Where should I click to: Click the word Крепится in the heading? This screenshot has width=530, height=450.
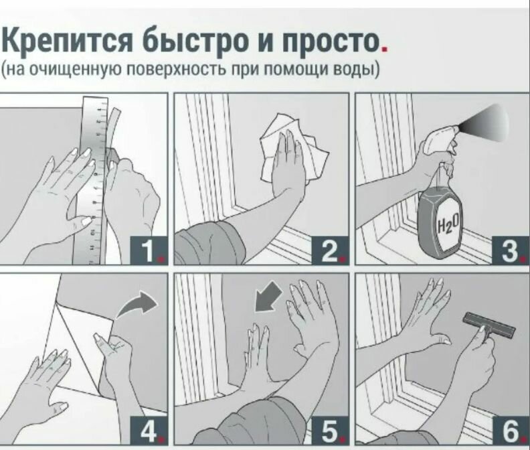(x=68, y=41)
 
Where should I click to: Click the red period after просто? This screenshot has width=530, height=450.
(x=384, y=50)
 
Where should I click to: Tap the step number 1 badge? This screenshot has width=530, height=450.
(x=149, y=250)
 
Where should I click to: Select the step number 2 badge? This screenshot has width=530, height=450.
(x=329, y=250)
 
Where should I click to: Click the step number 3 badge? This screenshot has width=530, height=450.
(x=511, y=250)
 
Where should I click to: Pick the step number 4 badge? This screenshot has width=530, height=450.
(x=149, y=431)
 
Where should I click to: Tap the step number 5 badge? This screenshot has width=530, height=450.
(x=329, y=431)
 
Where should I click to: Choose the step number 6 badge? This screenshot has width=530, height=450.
(x=511, y=431)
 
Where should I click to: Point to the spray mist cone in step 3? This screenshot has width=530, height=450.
(x=487, y=125)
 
